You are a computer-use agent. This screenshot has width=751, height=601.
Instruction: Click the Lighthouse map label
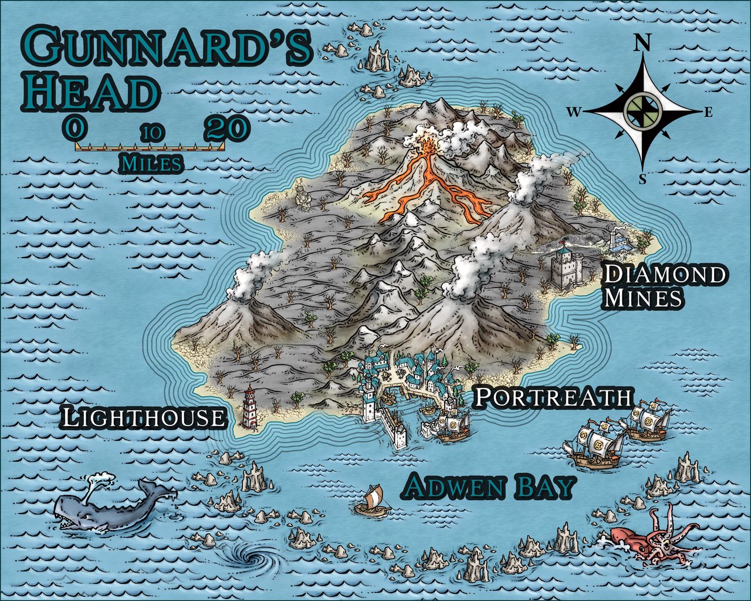pyautogui.click(x=144, y=418)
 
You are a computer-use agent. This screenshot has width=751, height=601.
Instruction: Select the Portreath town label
pyautogui.click(x=553, y=397)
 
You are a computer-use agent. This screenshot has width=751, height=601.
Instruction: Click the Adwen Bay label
pyautogui.click(x=489, y=487)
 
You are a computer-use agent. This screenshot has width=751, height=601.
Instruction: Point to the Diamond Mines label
pyautogui.click(x=664, y=286)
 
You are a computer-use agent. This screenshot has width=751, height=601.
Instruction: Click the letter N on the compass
pyautogui.click(x=644, y=42)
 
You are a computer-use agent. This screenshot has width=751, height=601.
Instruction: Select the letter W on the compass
pyautogui.click(x=573, y=112)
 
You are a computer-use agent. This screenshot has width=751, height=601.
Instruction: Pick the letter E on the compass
pyautogui.click(x=708, y=113)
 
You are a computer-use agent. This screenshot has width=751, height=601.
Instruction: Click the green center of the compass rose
pyautogui.click(x=643, y=109)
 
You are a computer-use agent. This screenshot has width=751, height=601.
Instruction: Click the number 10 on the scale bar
pyautogui.click(x=151, y=133)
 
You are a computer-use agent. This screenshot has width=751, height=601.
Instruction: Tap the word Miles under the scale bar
pyautogui.click(x=150, y=163)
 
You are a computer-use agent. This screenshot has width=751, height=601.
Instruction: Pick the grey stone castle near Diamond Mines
pyautogui.click(x=565, y=268)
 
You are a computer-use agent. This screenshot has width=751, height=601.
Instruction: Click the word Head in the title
pyautogui.click(x=91, y=93)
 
